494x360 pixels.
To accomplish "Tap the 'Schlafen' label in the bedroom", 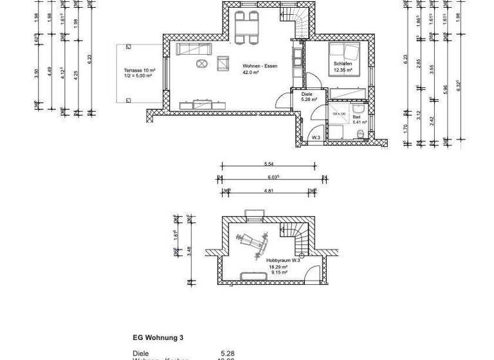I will [x=343, y=64].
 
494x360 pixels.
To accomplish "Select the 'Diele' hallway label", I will [x=306, y=94].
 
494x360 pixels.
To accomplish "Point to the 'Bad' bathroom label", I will [x=356, y=117].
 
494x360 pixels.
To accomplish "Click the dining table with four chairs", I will [x=246, y=28].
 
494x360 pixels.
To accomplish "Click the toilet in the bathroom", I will [x=361, y=133].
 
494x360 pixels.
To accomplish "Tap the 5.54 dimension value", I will [x=270, y=165].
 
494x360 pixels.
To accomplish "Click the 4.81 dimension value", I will [x=270, y=190].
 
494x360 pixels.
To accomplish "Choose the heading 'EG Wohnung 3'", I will [x=157, y=337].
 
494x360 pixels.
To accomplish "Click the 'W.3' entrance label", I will [x=316, y=138].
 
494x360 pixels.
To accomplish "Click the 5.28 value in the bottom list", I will [x=228, y=353].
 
